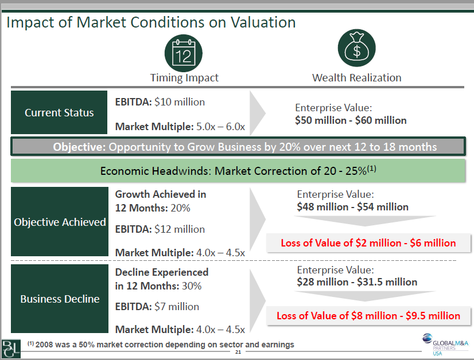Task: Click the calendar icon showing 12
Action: tap(184, 53)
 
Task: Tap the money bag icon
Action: tap(356, 49)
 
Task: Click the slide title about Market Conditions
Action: tap(151, 22)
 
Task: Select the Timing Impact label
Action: tap(184, 77)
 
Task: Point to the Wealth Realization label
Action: tap(356, 77)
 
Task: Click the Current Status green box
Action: tap(59, 112)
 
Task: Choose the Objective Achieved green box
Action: tap(59, 222)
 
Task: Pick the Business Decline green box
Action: tap(59, 299)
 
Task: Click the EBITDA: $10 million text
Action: tap(160, 102)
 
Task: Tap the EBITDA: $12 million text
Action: tap(160, 229)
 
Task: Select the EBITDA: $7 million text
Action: tap(157, 306)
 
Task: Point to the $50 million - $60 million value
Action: tap(351, 120)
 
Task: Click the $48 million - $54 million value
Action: tap(352, 206)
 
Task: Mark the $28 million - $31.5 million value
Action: tap(357, 281)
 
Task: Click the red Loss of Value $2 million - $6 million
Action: tap(368, 243)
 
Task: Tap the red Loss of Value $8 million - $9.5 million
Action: tap(368, 316)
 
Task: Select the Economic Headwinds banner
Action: tap(238, 171)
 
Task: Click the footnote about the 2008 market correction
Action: tap(161, 345)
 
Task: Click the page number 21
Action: tap(238, 353)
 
